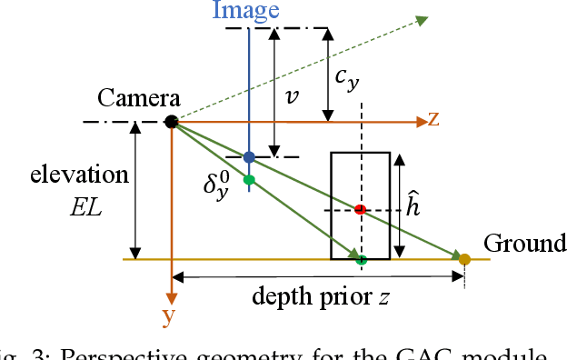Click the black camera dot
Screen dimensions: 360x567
171,122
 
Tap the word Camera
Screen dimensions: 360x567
139,99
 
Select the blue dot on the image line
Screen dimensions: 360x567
248,157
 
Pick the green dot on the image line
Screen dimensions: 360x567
248,179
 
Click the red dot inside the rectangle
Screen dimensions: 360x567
361,210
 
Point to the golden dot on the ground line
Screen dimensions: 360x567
464,259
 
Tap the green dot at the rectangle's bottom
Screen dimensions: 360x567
361,259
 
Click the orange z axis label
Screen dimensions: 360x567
434,119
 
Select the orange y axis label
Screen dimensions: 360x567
168,315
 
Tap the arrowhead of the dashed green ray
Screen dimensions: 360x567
423,18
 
